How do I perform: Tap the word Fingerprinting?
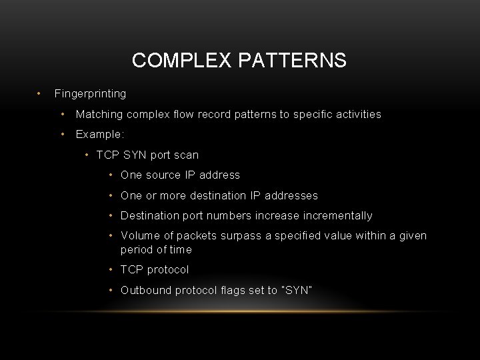coord(90,93)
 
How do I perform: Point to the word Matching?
coord(99,114)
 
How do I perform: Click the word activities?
coord(355,114)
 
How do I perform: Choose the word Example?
coord(100,134)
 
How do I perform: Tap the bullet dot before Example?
coord(62,134)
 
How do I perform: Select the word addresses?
coord(291,195)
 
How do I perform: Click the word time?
coord(180,249)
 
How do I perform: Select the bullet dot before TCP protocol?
coord(111,269)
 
